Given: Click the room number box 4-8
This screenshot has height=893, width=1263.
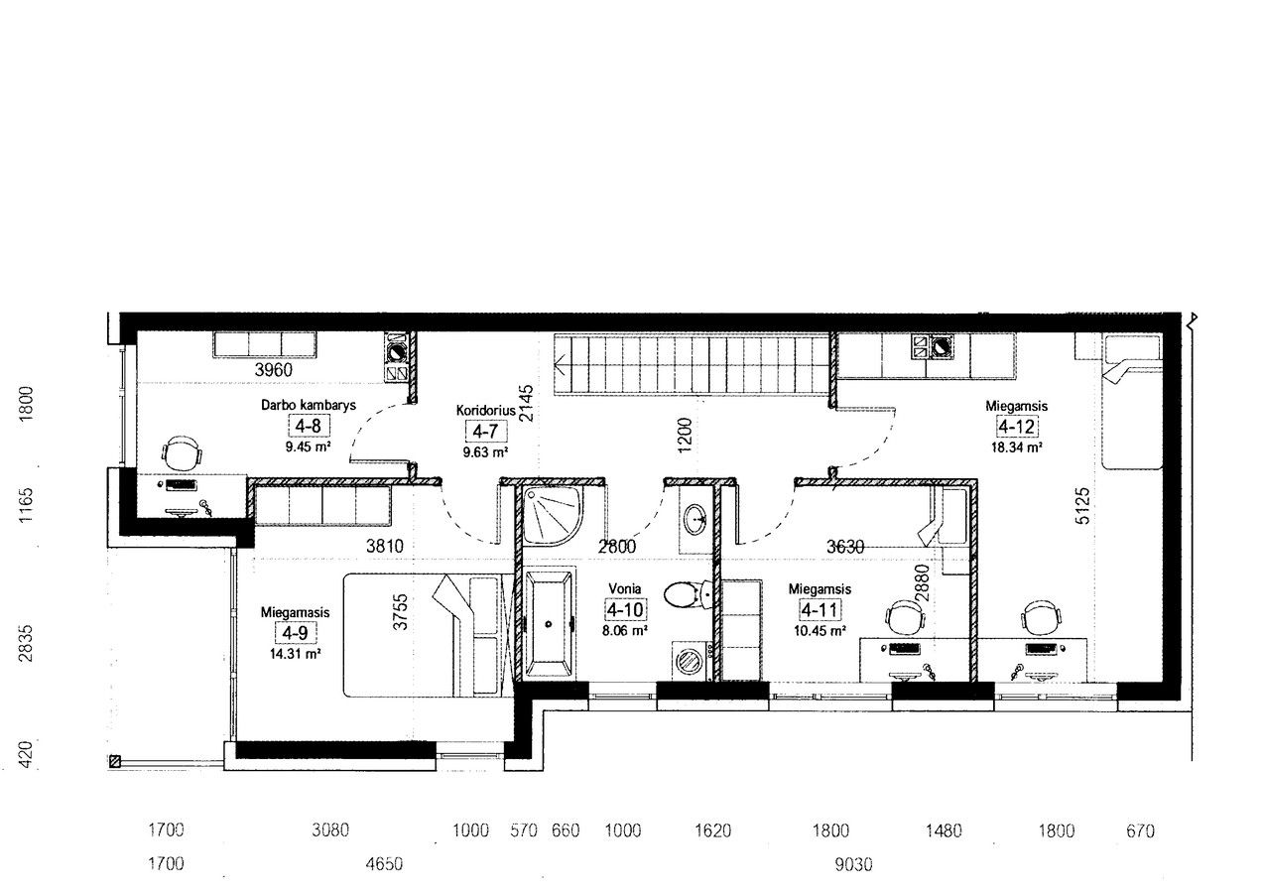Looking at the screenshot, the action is click(x=308, y=426).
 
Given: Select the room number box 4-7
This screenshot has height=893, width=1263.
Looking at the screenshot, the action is click(x=485, y=432).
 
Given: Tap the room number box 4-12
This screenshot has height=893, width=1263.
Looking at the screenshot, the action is click(x=1016, y=427).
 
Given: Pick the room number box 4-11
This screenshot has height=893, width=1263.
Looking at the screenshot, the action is click(x=820, y=610).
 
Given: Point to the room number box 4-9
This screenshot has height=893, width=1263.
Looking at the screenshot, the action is click(x=295, y=633).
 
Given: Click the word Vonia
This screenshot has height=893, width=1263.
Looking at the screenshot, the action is click(x=624, y=588).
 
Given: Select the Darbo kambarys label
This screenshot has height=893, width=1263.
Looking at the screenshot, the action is click(x=308, y=405).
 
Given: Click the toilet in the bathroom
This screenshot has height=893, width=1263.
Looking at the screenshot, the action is click(x=688, y=594).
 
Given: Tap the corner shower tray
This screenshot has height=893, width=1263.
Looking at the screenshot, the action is click(x=551, y=516).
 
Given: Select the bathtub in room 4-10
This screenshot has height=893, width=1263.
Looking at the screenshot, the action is click(x=550, y=623).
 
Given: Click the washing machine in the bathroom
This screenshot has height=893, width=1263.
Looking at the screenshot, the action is click(x=689, y=661).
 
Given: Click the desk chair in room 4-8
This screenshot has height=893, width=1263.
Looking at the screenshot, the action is click(x=182, y=452).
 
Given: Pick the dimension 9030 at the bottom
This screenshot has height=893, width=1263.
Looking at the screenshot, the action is click(x=853, y=864).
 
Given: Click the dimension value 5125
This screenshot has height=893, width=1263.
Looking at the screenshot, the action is click(x=1083, y=506).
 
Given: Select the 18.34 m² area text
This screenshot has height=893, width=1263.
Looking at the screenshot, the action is click(x=1016, y=447).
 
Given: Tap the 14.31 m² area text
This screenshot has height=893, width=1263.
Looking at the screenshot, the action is click(x=295, y=654).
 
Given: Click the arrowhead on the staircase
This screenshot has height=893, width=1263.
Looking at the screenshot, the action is click(x=560, y=363).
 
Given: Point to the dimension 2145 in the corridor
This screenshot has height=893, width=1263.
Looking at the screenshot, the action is click(x=526, y=403).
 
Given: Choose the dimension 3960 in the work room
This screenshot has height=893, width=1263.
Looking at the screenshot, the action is click(x=274, y=370).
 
